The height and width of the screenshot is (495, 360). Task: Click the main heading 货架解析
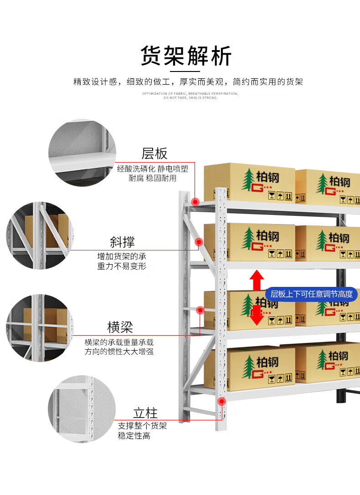186,56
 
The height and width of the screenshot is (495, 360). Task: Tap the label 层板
154,153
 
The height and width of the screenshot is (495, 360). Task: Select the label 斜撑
123,241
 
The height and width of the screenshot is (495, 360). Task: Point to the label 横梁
120,327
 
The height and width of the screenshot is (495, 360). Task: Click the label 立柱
145,413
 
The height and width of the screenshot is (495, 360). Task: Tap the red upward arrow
257,279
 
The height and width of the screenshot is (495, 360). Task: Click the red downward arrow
257,315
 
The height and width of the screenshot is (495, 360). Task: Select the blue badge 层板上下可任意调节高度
312,294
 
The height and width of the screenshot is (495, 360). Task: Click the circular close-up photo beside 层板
82,153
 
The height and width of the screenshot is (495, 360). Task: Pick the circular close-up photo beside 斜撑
40,235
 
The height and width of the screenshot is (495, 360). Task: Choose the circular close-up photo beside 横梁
40,327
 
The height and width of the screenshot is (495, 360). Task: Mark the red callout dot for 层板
195,201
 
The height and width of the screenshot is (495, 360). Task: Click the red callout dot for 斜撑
199,242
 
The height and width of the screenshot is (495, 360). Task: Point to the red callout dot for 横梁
200,310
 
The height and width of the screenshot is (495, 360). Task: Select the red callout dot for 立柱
222,402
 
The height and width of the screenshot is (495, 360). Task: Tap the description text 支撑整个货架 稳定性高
142,431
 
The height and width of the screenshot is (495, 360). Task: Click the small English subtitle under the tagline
190,96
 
